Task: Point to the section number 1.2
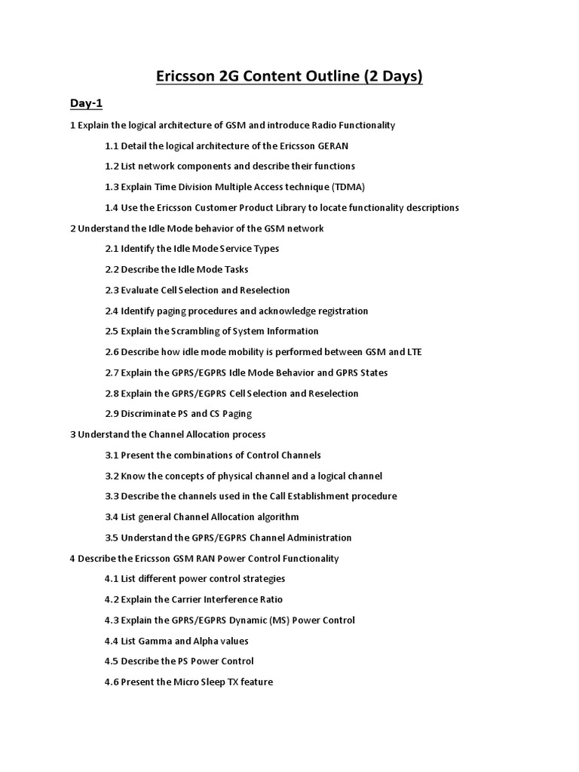(112, 166)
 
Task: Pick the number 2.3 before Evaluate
(112, 290)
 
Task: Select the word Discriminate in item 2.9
(150, 414)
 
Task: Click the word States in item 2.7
(373, 372)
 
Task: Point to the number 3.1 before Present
(112, 455)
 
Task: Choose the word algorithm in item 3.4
(276, 517)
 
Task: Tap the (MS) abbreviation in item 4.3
(284, 620)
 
